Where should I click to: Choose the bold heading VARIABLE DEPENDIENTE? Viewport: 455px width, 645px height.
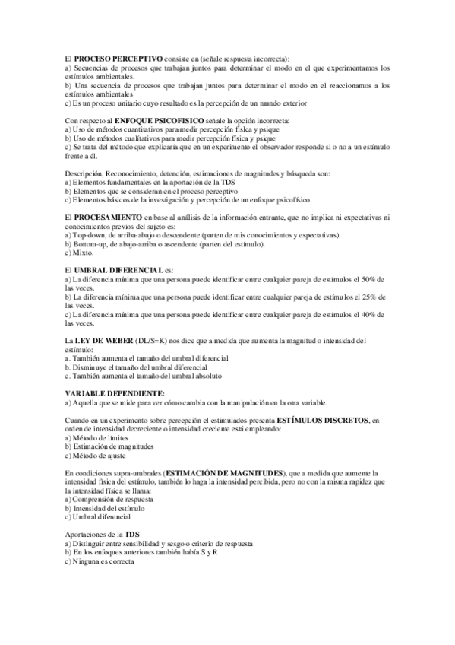pyautogui.click(x=110, y=392)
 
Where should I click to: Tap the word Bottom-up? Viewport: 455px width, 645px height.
pyautogui.click(x=94, y=244)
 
